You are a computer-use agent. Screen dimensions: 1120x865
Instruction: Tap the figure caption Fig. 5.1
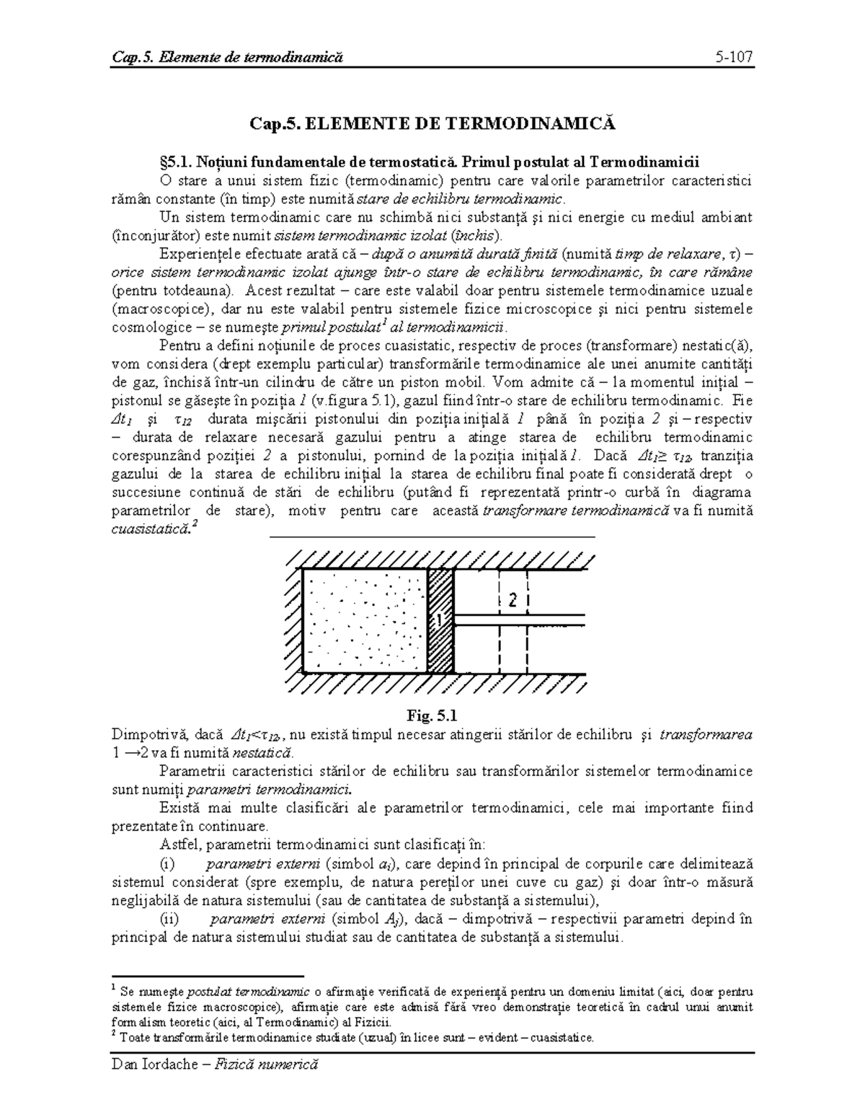click(432, 715)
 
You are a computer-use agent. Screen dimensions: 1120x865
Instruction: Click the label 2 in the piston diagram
click(513, 600)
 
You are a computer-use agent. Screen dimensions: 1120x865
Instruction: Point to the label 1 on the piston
click(438, 619)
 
